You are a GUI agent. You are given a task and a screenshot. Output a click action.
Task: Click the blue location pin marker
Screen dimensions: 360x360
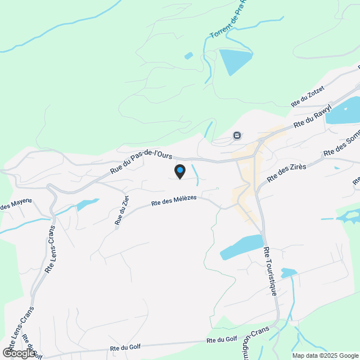tap(180, 171)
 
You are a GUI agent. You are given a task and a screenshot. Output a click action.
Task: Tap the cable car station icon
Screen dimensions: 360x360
tap(237, 136)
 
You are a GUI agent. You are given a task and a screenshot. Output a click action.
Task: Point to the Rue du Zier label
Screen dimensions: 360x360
tap(122, 210)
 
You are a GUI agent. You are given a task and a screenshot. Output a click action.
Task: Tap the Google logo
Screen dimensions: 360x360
tap(18, 353)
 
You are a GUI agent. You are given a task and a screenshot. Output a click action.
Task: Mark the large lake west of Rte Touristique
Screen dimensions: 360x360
tap(241, 247)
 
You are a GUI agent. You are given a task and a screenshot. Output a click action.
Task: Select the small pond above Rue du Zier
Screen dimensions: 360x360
tap(88, 204)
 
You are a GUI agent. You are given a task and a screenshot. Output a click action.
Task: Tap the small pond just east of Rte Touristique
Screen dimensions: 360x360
tap(289, 273)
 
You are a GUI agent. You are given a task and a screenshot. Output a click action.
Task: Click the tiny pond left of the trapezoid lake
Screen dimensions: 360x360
tap(188, 56)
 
